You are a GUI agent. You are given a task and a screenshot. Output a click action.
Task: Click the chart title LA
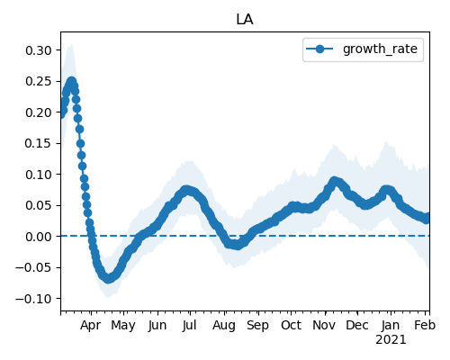[245, 20]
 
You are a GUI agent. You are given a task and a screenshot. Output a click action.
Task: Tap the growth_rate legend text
[380, 49]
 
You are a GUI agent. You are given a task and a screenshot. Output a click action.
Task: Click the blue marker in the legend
[319, 49]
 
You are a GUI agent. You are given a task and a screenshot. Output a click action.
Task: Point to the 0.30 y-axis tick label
[39, 50]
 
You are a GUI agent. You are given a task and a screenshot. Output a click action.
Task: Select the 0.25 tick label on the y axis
[39, 81]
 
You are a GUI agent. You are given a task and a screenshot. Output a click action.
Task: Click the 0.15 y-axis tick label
[39, 143]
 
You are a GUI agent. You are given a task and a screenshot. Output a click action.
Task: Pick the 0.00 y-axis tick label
[39, 237]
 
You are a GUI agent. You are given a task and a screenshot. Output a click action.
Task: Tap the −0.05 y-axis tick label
[33, 267]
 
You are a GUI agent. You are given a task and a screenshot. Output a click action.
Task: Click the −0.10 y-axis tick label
[33, 299]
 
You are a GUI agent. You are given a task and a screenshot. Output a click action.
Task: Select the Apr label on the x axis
[90, 326]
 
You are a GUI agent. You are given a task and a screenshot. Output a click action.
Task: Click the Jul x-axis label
[190, 325]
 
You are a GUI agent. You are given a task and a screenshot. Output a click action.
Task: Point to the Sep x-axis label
[257, 326]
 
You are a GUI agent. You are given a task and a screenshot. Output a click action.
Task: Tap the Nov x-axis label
[324, 325]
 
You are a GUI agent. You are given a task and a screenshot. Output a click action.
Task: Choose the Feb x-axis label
[425, 325]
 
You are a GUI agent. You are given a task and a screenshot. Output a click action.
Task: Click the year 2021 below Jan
[391, 340]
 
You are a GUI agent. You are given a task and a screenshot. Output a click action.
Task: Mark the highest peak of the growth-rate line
[71, 81]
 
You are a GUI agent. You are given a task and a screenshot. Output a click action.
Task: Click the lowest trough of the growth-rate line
[108, 279]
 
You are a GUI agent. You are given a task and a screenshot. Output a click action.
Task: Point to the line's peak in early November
[334, 181]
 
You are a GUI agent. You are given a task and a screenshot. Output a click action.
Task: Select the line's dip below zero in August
[237, 246]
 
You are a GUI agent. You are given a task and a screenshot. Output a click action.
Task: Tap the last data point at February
[427, 219]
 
